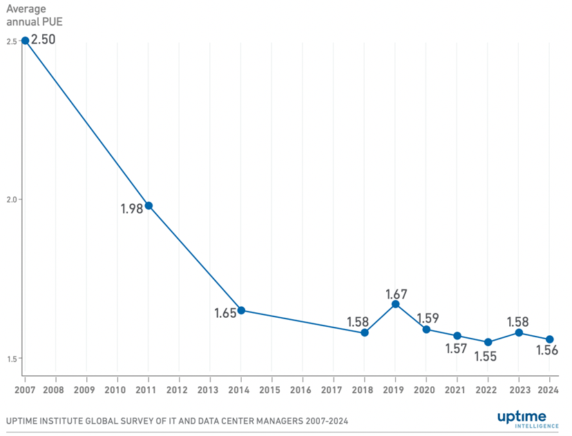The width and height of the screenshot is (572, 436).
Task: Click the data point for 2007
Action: (x=25, y=40)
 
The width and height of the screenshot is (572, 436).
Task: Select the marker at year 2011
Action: (x=149, y=205)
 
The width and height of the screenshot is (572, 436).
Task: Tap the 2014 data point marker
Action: (x=241, y=310)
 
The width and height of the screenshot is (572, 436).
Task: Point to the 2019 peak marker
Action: (x=395, y=304)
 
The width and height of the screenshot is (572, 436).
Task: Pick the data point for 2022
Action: (x=488, y=342)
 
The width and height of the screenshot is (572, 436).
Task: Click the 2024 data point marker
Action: (x=549, y=339)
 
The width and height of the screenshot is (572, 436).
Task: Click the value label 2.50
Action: (x=44, y=39)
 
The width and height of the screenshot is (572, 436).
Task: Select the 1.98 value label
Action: (x=131, y=208)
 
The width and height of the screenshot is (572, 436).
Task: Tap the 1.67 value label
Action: (x=397, y=294)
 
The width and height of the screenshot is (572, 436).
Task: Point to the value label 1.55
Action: (x=485, y=357)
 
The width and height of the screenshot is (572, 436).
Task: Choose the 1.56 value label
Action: (x=547, y=350)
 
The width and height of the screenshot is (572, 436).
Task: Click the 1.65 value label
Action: (x=225, y=312)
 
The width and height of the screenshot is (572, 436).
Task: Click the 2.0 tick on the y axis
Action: (x=11, y=200)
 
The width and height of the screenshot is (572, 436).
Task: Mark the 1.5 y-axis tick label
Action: (x=11, y=358)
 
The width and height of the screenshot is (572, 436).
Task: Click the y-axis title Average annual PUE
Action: (x=35, y=15)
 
